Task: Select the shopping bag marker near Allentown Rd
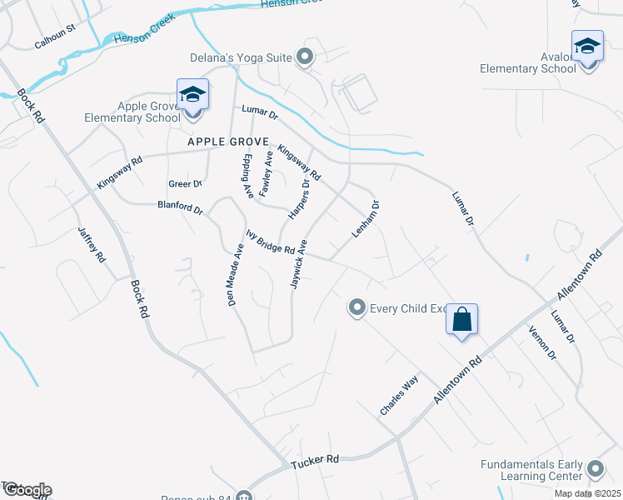click(x=462, y=319)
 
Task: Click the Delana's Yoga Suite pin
click(x=305, y=57)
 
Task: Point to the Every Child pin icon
click(x=357, y=308)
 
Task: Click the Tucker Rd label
click(x=315, y=459)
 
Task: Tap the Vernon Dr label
click(x=542, y=342)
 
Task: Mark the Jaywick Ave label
click(x=299, y=263)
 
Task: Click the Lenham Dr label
click(x=366, y=219)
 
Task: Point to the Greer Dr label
click(x=185, y=183)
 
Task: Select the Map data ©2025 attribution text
click(x=586, y=493)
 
